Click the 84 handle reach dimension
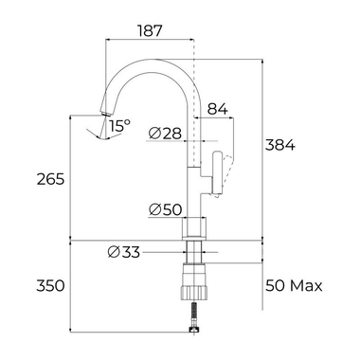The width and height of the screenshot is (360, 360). [216, 112]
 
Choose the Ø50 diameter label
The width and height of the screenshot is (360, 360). [166, 209]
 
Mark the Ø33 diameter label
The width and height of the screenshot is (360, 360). [124, 251]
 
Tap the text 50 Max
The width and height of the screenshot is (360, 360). [294, 285]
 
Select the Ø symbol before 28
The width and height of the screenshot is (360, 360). [153, 134]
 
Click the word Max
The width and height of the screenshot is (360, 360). [307, 285]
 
